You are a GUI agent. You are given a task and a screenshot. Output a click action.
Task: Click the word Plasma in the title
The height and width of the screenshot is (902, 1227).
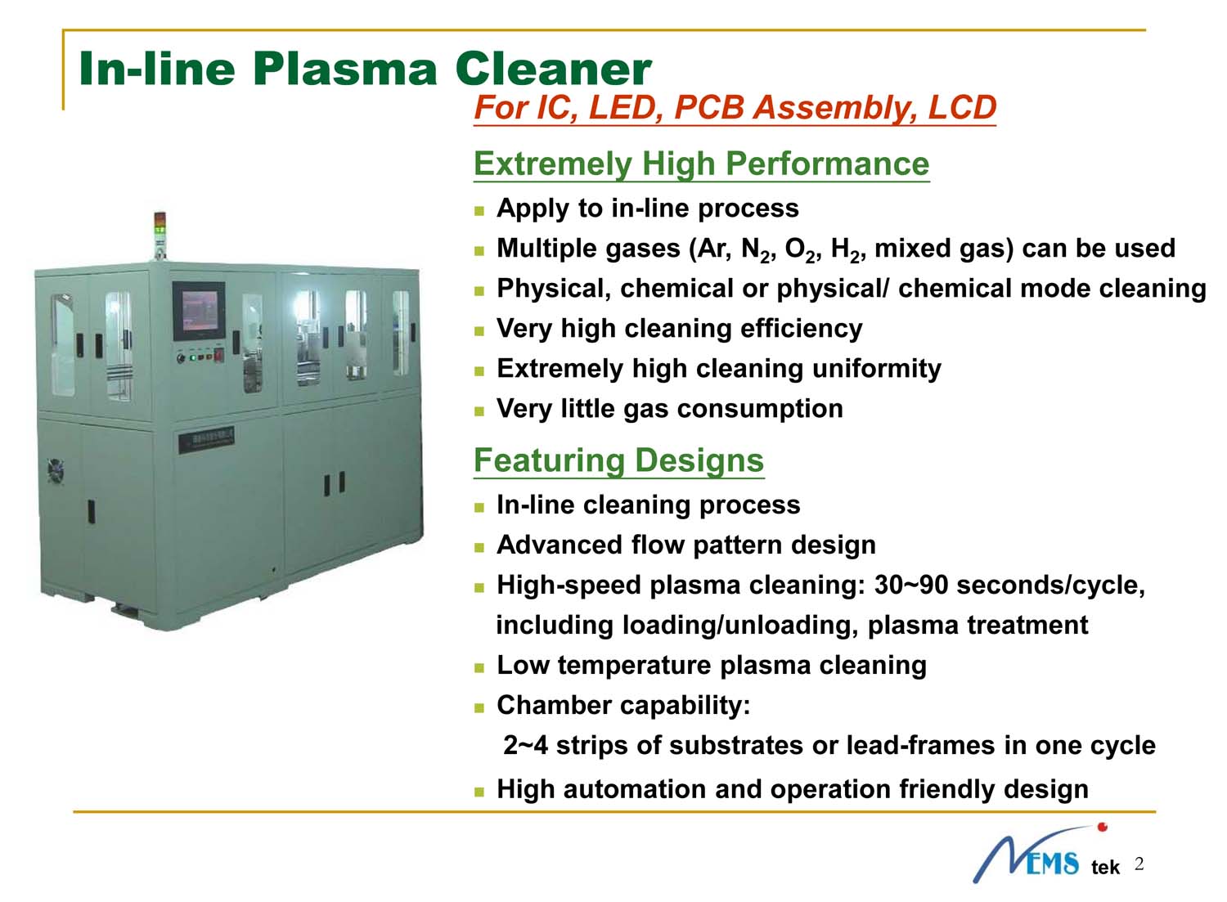(x=344, y=70)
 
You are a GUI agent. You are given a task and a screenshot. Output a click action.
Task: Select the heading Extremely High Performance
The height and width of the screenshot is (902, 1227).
(x=701, y=164)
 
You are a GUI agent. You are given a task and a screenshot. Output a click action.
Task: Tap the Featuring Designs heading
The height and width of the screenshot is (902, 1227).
(x=618, y=461)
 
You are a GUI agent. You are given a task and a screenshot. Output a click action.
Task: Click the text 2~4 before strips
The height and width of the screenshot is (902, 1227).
(x=525, y=745)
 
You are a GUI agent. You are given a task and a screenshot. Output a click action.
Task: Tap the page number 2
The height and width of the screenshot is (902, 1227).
(x=1139, y=864)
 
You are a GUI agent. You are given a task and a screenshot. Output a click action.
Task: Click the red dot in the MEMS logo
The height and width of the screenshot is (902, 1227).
(x=1102, y=827)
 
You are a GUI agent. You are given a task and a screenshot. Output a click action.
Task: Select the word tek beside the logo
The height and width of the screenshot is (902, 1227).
(x=1105, y=868)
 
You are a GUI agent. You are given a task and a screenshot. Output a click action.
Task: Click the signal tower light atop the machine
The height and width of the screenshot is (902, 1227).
(x=160, y=236)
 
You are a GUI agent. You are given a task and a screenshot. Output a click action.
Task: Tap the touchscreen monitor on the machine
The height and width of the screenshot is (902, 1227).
(x=199, y=311)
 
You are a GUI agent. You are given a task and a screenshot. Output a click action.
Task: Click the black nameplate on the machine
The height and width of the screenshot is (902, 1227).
(x=206, y=439)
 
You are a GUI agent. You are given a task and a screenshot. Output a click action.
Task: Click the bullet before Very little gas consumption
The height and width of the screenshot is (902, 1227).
(x=479, y=411)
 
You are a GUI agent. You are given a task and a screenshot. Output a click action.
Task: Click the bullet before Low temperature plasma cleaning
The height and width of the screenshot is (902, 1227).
(x=479, y=667)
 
